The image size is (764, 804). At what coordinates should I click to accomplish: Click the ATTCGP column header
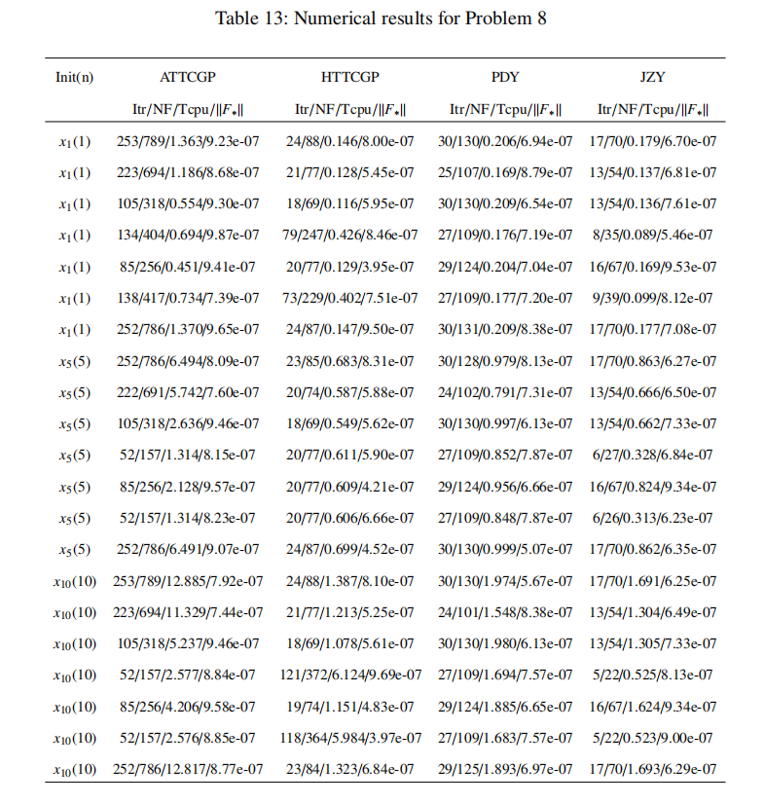pos(188,76)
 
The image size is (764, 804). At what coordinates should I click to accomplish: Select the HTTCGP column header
pos(349,76)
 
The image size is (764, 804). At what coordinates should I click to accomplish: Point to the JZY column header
pos(653,76)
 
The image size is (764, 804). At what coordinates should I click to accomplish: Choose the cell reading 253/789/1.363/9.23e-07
pos(188,141)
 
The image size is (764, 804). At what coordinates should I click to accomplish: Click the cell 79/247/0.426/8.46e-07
pos(349,235)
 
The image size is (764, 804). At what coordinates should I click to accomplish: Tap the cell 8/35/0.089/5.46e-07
pos(653,235)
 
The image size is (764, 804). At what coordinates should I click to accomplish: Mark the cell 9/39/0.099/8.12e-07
pos(653,298)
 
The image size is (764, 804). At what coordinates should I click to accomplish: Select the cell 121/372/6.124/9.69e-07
pos(349,674)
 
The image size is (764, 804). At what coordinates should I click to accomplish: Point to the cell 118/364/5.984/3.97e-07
pos(349,737)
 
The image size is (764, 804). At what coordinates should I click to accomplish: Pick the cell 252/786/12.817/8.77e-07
pos(188,769)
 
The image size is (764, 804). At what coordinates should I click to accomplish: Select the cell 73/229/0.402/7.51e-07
pos(349,298)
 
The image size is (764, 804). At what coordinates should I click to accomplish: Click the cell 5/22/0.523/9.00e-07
pos(653,737)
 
